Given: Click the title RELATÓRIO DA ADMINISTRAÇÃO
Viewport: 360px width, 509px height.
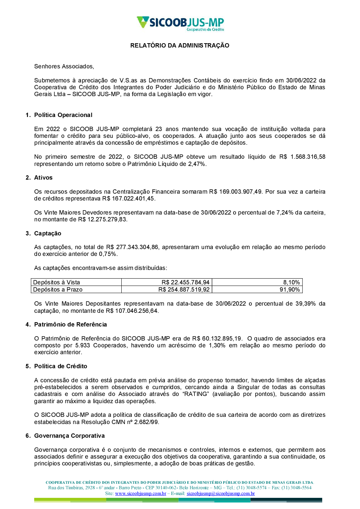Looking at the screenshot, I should point(180,45).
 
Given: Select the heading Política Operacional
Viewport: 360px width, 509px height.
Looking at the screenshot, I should point(63,115).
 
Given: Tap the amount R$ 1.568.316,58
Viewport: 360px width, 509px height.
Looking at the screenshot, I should point(302,157).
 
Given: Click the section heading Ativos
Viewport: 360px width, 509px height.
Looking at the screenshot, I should point(43,177).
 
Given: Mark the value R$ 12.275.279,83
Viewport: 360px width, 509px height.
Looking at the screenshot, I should point(103,219).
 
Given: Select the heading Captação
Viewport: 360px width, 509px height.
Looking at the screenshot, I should point(48,233).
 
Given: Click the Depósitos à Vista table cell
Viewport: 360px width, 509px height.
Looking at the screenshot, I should point(57,282).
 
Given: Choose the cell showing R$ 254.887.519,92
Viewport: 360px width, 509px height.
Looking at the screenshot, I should point(184,289).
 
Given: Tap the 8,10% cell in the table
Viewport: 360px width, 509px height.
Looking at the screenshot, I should point(291,282).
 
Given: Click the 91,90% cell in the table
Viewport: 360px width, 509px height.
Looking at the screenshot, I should point(290,289).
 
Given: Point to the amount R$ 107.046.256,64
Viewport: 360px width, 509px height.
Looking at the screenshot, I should point(132,311).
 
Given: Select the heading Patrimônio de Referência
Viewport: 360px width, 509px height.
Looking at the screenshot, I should point(70,324).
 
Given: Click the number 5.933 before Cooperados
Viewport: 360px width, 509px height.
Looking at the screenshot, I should point(82,345).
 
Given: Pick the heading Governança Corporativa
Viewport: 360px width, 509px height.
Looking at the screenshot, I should point(69,436).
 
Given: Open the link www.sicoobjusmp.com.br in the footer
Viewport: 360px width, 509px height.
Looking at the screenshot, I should point(140,493).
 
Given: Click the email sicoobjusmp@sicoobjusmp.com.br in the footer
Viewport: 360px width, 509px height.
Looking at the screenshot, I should point(221,493).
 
